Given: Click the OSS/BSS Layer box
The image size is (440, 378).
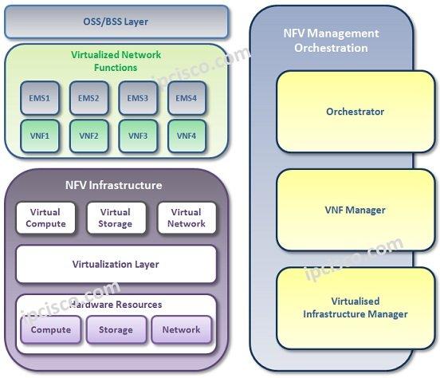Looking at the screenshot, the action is pyautogui.click(x=116, y=22).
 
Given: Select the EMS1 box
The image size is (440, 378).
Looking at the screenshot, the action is pyautogui.click(x=40, y=98).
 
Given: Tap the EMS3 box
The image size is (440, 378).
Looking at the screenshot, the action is pyautogui.click(x=138, y=98).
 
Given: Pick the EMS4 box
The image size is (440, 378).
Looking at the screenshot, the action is pyautogui.click(x=187, y=98).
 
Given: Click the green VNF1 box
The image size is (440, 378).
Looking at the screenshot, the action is pyautogui.click(x=40, y=136).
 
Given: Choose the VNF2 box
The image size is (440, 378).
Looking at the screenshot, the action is pyautogui.click(x=89, y=136).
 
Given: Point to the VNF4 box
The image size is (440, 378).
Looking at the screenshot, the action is pyautogui.click(x=187, y=136).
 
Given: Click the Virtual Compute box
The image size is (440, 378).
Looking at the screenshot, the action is pyautogui.click(x=45, y=218).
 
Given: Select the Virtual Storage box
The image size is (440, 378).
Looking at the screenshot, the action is pyautogui.click(x=116, y=218).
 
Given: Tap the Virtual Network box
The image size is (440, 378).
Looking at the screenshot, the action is pyautogui.click(x=187, y=218).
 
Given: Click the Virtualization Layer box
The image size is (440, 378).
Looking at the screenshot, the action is pyautogui.click(x=116, y=264).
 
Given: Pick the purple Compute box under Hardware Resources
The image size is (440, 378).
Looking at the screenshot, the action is pyautogui.click(x=51, y=329).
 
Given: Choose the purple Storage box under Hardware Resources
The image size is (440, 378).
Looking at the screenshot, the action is pyautogui.click(x=116, y=329).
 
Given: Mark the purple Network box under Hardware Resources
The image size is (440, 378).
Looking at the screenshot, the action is pyautogui.click(x=182, y=329).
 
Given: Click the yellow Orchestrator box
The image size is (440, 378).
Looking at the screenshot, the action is pyautogui.click(x=356, y=112).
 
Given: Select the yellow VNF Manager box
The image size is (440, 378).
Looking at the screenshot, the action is pyautogui.click(x=356, y=210).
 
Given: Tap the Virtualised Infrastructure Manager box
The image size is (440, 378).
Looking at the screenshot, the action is pyautogui.click(x=356, y=308).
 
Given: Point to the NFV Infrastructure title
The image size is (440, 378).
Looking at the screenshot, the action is pyautogui.click(x=114, y=185).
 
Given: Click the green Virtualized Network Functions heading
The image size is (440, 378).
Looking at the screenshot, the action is pyautogui.click(x=116, y=61).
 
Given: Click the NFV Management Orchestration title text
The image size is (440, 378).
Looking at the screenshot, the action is pyautogui.click(x=331, y=41).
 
